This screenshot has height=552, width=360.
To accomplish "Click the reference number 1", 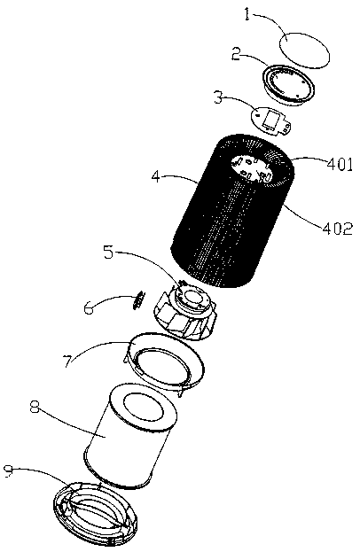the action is click(x=247, y=15).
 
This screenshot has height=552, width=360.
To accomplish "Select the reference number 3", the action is click(x=218, y=97).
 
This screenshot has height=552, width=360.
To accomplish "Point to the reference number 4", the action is click(x=157, y=175).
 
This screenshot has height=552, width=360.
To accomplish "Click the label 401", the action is click(x=340, y=164).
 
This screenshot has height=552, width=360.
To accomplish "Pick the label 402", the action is click(x=338, y=229).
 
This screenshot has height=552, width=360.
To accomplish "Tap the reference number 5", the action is click(x=108, y=252).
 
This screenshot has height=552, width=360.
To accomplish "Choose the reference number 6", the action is click(x=89, y=307).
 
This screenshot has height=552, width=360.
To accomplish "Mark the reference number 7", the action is click(x=69, y=361).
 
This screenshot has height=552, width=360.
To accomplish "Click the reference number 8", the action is click(x=35, y=408).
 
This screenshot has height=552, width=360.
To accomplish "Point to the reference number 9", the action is click(x=9, y=471).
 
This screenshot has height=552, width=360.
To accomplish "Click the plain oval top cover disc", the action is click(x=304, y=50).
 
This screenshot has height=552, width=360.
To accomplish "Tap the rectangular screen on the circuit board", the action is click(x=271, y=120).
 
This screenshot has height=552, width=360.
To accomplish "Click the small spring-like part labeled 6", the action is click(x=138, y=299).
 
